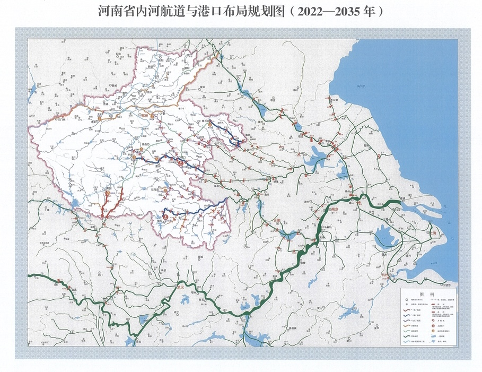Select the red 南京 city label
(335, 210)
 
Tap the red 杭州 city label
(385, 275)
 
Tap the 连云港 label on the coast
(334, 100)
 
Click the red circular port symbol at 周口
(181, 164)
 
